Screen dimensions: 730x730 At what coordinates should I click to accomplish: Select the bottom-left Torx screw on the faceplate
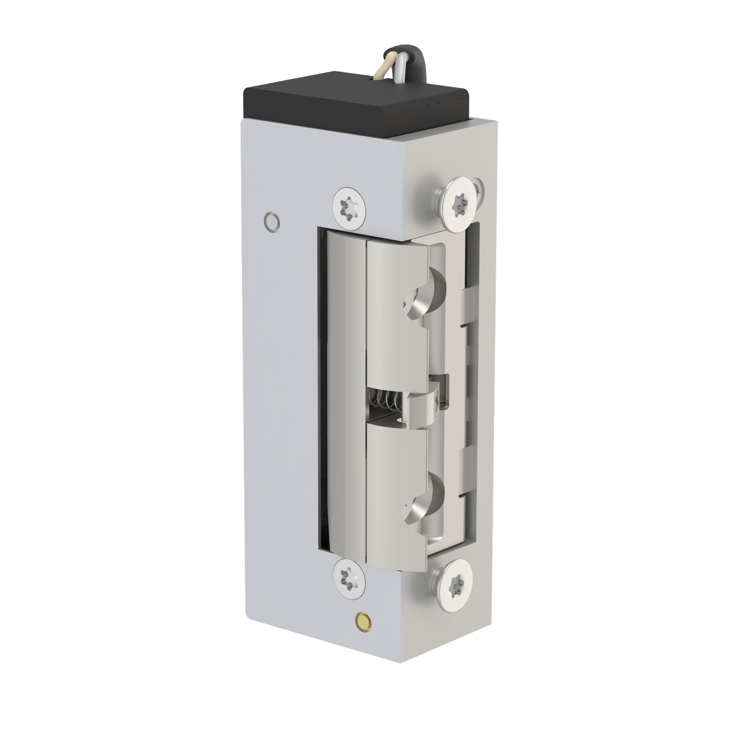click(x=349, y=584)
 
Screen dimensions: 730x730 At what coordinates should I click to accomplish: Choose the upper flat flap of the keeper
click(x=397, y=310)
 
